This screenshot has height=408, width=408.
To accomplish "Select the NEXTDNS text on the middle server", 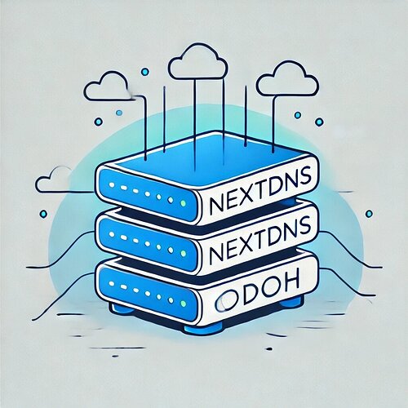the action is (260, 239).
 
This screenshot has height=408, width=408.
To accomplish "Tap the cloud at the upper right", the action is (288, 78).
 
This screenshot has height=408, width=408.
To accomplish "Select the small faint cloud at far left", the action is (55, 179).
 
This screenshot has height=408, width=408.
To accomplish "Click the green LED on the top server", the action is (183, 203).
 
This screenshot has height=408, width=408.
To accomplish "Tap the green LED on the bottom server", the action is (184, 303).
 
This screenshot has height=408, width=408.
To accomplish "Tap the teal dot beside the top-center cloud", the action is (145, 72).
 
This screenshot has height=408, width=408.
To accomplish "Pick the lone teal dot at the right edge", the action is (369, 214).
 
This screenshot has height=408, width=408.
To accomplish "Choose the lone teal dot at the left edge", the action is (43, 214).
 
